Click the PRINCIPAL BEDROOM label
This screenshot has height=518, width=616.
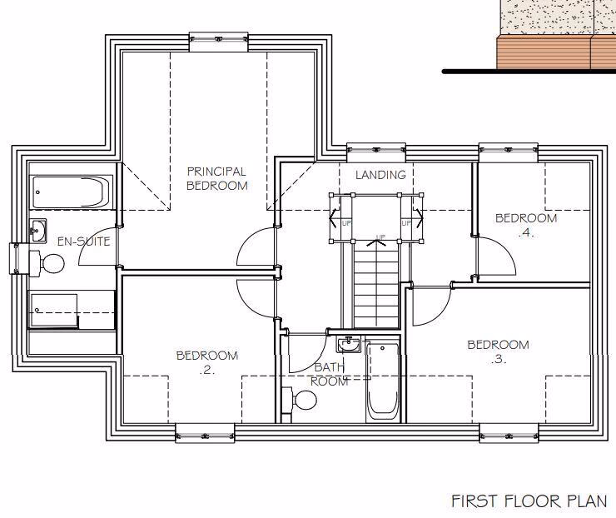[x=216, y=179]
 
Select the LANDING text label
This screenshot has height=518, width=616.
[x=380, y=175]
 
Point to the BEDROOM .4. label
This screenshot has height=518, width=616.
[x=525, y=226]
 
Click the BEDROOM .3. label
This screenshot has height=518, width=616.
[x=498, y=352]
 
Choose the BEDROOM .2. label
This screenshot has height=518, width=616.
[x=206, y=363]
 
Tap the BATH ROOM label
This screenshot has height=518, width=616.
[x=329, y=374]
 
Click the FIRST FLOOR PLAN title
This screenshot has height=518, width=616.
[x=529, y=501]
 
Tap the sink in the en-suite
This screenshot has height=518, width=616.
[x=38, y=229]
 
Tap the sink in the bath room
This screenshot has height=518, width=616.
[x=349, y=343]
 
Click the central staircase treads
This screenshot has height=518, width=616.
[x=372, y=283]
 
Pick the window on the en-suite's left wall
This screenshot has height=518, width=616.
[x=17, y=258]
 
